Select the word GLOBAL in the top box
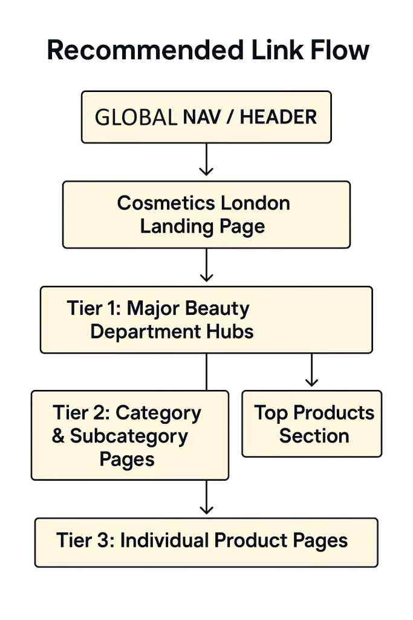point(136,117)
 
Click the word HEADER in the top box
point(278,117)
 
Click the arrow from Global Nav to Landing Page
point(207,160)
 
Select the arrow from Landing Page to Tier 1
point(207,266)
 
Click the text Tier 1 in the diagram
point(93,308)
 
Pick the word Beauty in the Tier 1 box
point(217,308)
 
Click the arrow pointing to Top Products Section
point(311,371)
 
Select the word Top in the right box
point(271,413)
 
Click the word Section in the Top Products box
point(314,436)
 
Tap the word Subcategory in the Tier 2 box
point(129,436)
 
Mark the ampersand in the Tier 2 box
point(58,437)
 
